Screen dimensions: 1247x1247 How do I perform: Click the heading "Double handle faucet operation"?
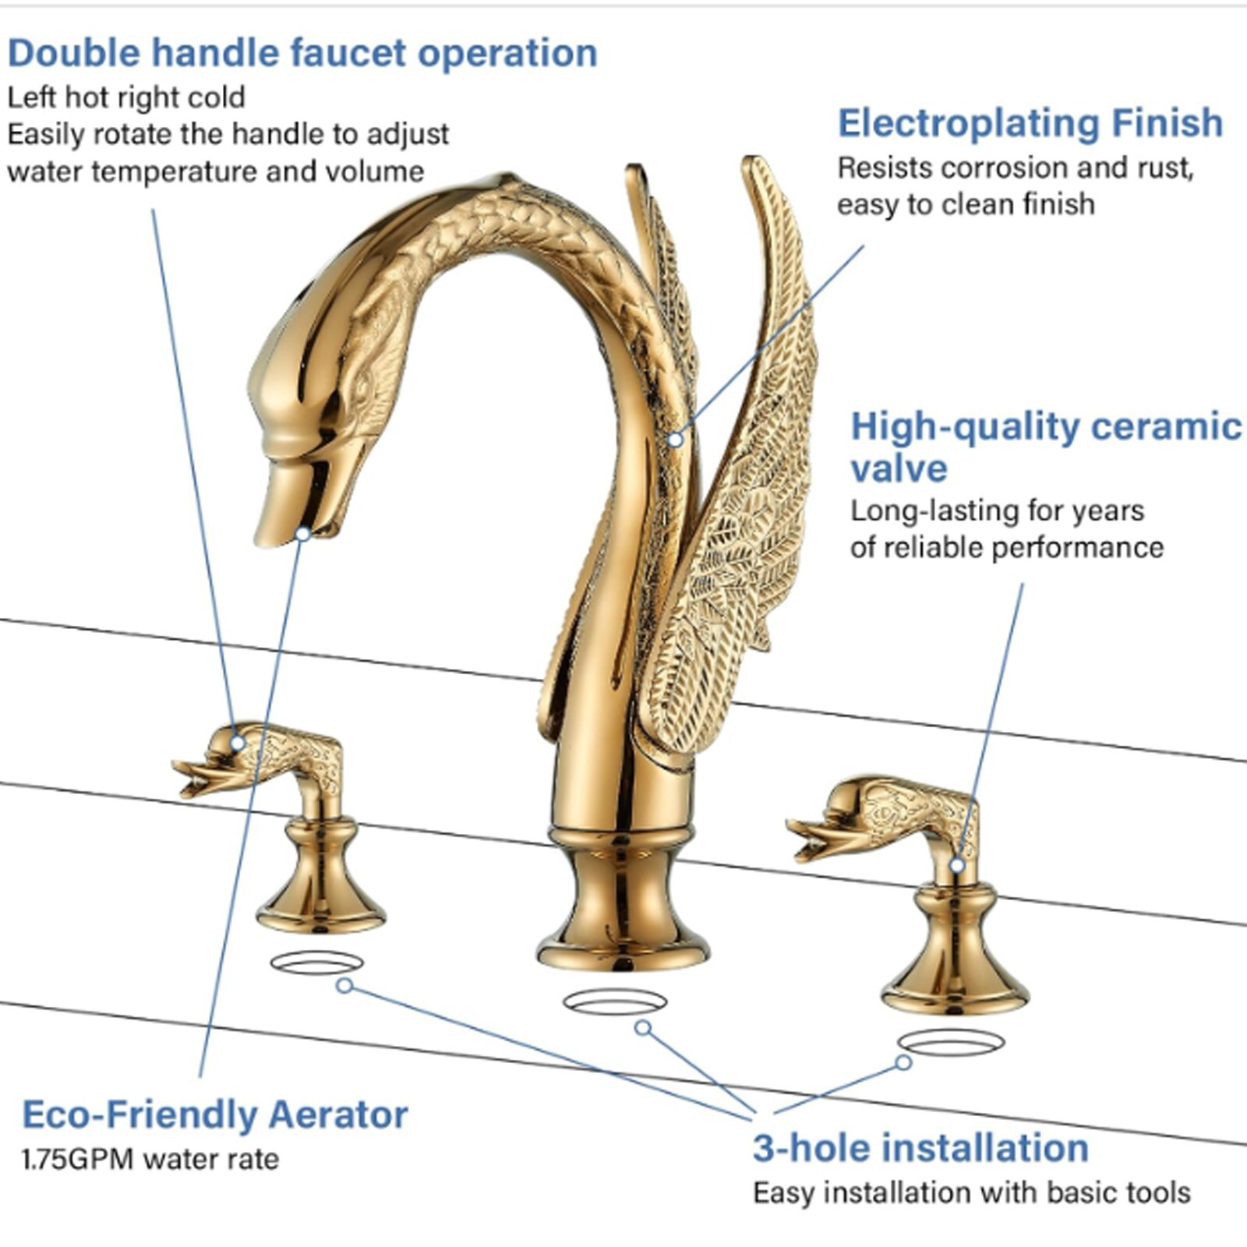click(302, 53)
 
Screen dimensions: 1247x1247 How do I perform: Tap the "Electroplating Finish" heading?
click(1030, 123)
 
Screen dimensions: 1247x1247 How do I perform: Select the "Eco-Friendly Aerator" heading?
click(214, 1114)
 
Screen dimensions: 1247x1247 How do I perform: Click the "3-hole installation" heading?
click(920, 1147)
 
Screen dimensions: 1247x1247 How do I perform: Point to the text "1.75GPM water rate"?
click(150, 1159)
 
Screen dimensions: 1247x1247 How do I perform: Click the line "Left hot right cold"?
click(126, 97)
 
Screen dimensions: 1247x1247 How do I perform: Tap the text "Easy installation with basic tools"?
click(971, 1192)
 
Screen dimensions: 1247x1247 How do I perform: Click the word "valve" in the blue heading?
click(899, 468)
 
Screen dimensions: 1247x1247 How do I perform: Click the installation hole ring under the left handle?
click(316, 963)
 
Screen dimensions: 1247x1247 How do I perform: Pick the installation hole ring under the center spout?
click(615, 1002)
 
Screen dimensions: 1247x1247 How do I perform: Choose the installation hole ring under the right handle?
click(951, 1042)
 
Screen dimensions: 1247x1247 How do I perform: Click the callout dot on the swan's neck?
click(675, 440)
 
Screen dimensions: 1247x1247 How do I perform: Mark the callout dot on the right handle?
click(957, 865)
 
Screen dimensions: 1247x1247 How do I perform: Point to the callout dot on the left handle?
click(237, 743)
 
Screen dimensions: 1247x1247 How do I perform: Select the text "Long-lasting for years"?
click(997, 511)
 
